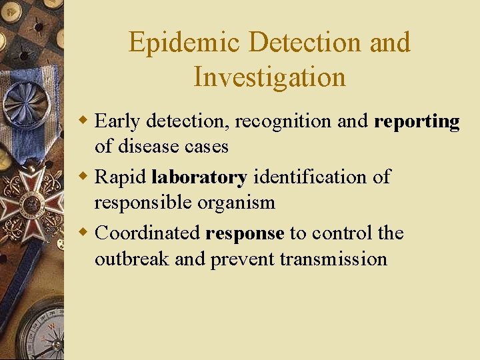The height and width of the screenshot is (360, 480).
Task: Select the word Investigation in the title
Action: (269, 77)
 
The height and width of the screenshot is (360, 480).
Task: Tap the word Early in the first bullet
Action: (118, 121)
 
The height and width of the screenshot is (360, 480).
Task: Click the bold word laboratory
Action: (199, 177)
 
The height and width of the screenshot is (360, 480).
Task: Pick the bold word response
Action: (245, 234)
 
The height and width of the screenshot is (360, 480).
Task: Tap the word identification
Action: (311, 177)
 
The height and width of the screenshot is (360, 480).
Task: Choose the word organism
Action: (239, 202)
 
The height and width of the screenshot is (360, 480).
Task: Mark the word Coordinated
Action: (147, 233)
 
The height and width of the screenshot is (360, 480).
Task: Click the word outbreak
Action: (132, 258)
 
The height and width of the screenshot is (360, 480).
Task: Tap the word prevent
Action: (243, 259)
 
